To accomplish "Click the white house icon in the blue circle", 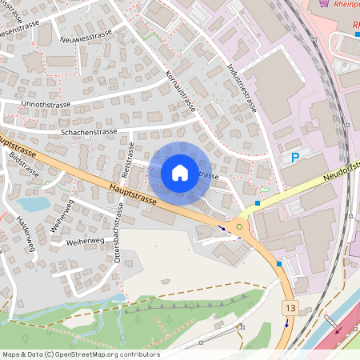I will point(180,172).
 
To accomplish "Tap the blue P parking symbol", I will point(294,158).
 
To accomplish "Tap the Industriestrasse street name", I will point(242,88).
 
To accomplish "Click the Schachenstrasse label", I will point(89,131).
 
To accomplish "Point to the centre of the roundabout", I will point(240,228).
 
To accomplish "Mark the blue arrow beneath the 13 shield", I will point(286,324).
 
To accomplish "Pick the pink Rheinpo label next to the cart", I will point(346,5).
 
